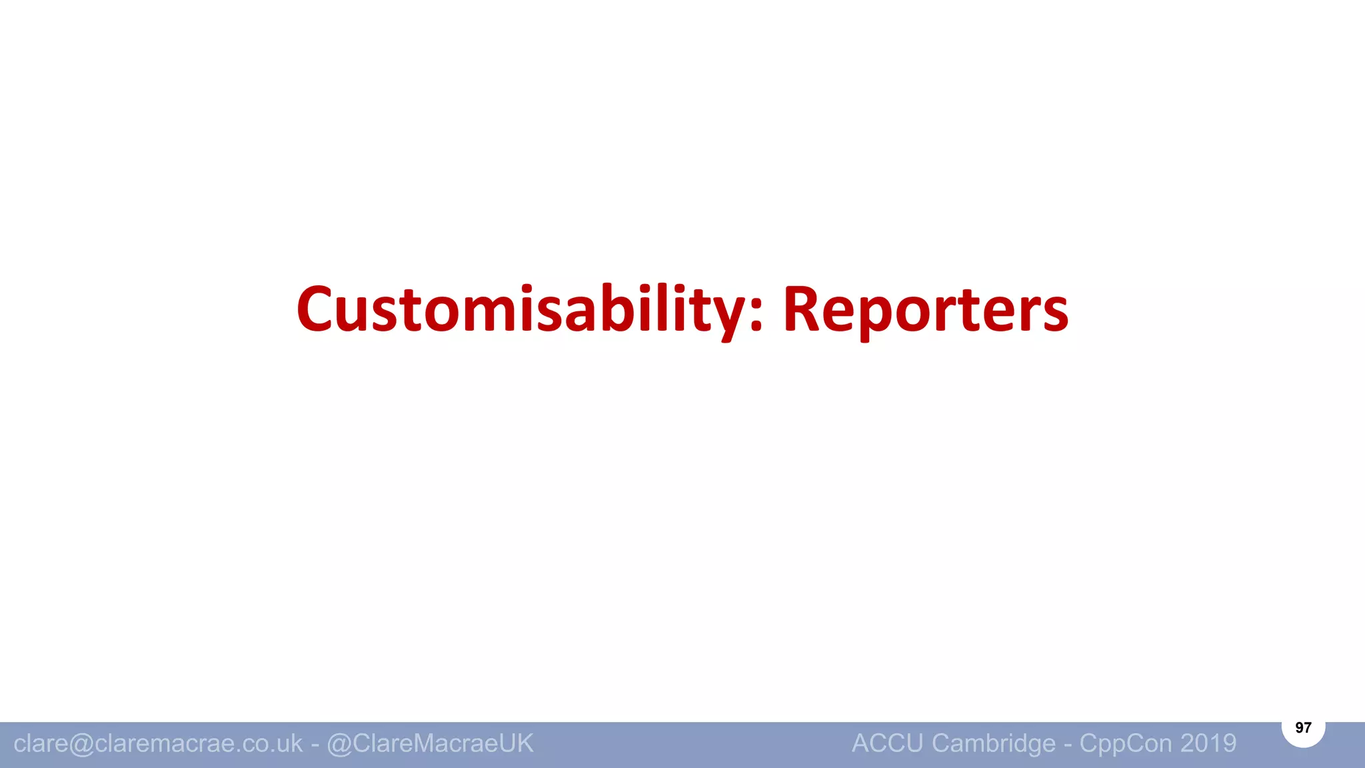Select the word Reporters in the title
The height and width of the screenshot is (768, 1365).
click(x=925, y=311)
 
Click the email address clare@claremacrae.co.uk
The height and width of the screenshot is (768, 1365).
click(x=158, y=743)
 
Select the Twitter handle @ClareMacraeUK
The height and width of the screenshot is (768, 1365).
click(x=430, y=743)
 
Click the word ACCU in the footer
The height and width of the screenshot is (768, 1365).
click(x=887, y=743)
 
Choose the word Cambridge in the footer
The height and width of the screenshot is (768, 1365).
click(x=994, y=743)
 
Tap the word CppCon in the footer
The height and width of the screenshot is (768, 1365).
click(x=1126, y=743)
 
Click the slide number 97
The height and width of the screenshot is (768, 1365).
click(x=1303, y=727)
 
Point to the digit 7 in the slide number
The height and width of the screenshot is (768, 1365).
click(x=1308, y=727)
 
